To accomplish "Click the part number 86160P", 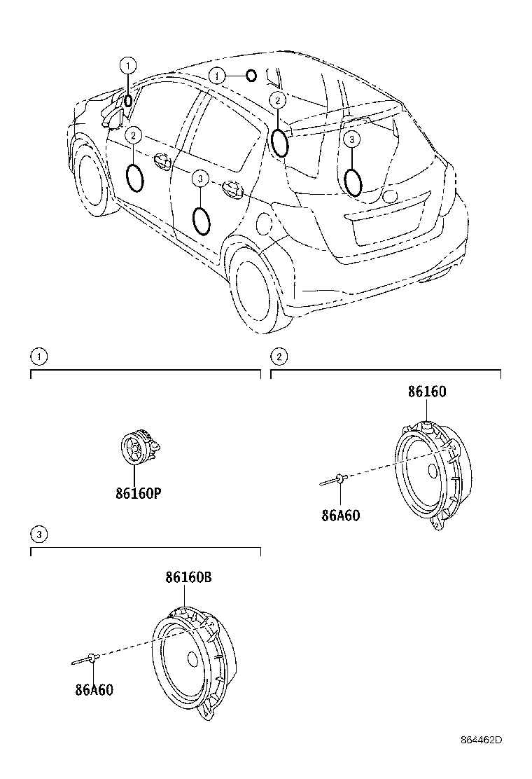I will pyautogui.click(x=139, y=493).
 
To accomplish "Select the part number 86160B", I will pyautogui.click(x=188, y=578).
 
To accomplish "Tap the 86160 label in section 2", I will pyautogui.click(x=427, y=392).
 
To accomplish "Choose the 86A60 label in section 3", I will pyautogui.click(x=94, y=689).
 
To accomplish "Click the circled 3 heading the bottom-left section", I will pyautogui.click(x=39, y=535).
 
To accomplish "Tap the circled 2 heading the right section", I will pyautogui.click(x=279, y=357).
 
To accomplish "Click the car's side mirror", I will pyautogui.click(x=112, y=116).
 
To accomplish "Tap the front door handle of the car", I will pyautogui.click(x=164, y=160).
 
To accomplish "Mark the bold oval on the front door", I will pyautogui.click(x=135, y=177).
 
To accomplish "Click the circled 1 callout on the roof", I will pyautogui.click(x=218, y=76).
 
